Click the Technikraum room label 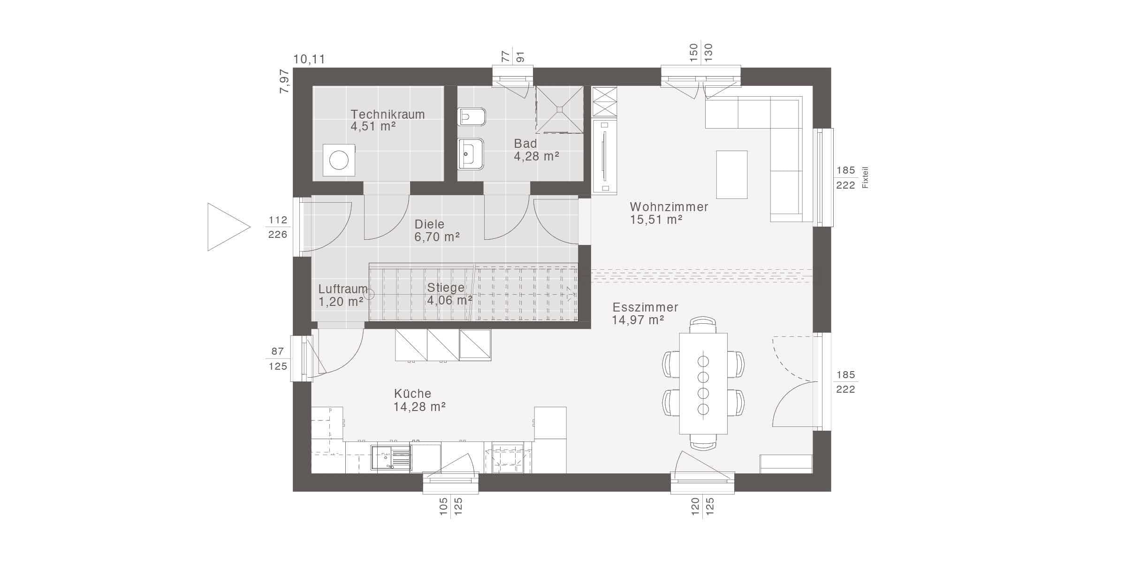(388, 114)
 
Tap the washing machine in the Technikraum (339, 160)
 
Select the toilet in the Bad (472, 117)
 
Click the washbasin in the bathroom (471, 153)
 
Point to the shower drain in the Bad (559, 109)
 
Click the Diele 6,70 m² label (437, 231)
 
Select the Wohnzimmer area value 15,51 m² (656, 220)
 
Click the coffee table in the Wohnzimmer (731, 175)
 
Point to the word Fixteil (866, 178)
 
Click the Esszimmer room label (645, 307)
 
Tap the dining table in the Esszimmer (703, 383)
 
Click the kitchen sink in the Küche (390, 458)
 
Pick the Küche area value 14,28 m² (419, 407)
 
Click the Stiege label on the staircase (446, 288)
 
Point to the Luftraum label (343, 289)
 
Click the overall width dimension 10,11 (309, 60)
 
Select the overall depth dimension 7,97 (285, 81)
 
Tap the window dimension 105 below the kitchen (444, 507)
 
